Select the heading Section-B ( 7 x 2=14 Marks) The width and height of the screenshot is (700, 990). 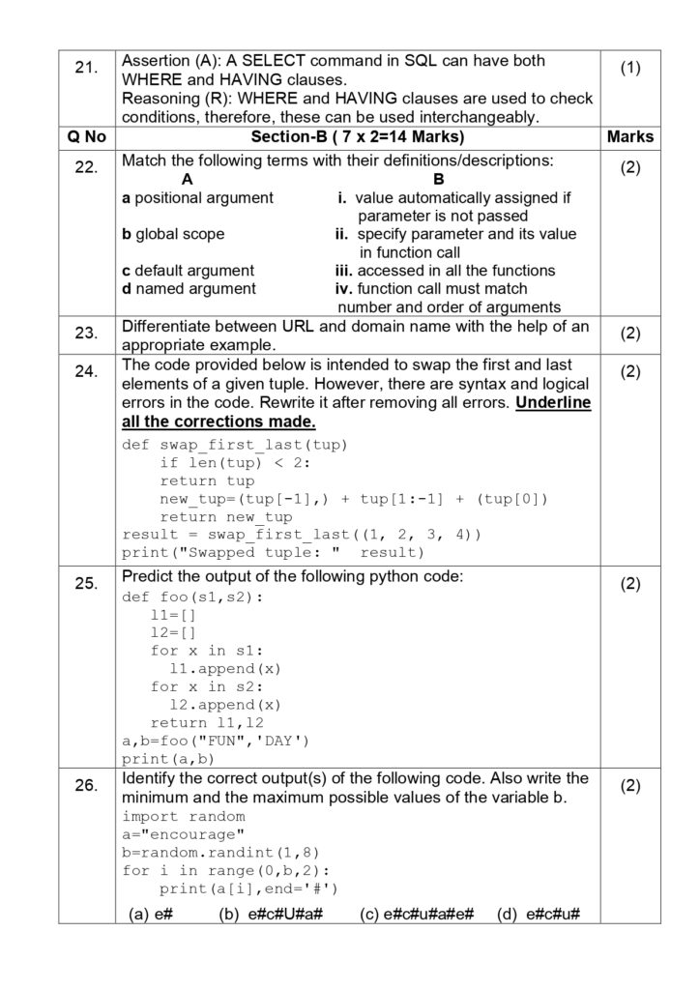click(358, 137)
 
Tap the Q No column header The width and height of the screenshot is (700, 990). click(85, 137)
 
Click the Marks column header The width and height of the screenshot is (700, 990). click(630, 137)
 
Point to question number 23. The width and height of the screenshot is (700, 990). click(85, 334)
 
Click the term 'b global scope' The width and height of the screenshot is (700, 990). click(173, 234)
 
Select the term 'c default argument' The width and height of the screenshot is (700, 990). click(188, 271)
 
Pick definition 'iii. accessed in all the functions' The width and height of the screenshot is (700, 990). click(446, 271)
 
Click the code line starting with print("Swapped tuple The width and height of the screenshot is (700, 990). click(273, 552)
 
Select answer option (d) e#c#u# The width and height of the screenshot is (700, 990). click(538, 914)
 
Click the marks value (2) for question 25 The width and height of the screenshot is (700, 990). click(630, 585)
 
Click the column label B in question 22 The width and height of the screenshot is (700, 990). click(438, 179)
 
